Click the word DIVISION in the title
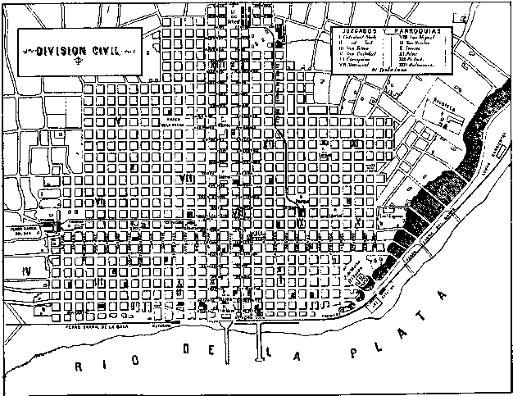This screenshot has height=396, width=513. (61, 50)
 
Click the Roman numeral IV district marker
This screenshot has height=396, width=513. (28, 270)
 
